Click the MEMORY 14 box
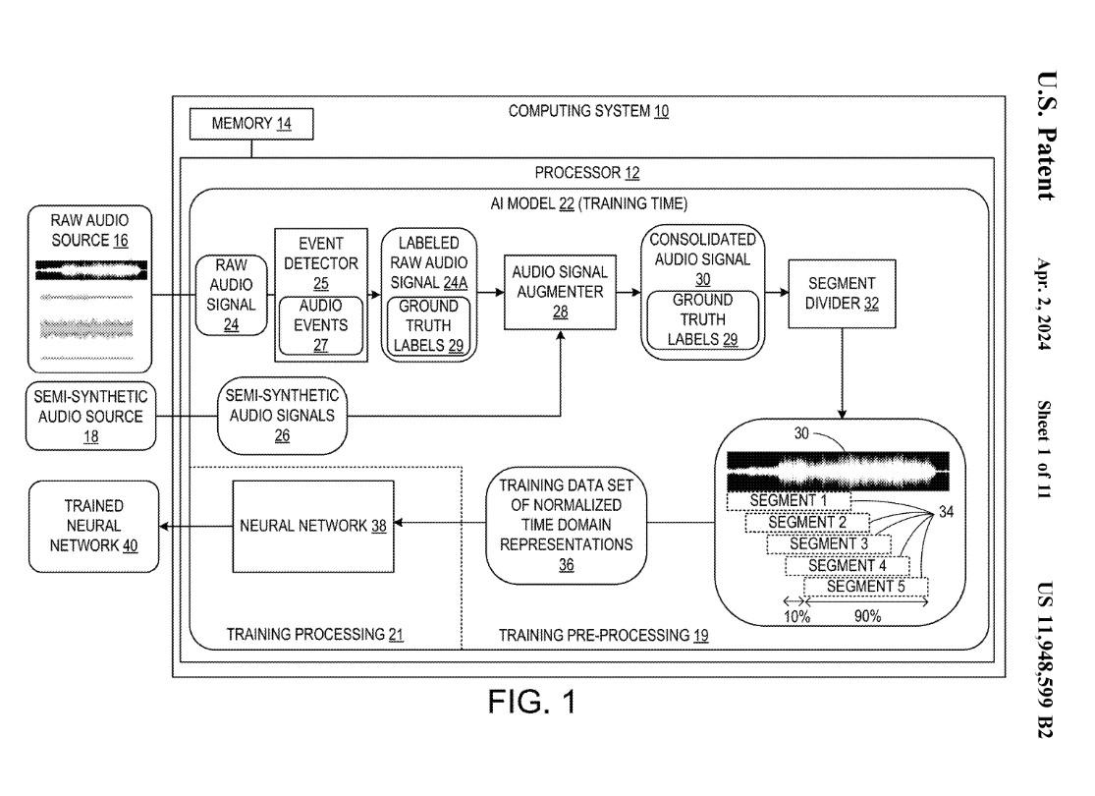(251, 125)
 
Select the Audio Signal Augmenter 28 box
(558, 290)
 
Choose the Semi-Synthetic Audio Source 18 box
(90, 416)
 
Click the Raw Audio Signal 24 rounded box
(231, 294)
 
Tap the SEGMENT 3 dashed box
(829, 543)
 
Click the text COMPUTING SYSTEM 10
(588, 111)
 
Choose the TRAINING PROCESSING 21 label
(314, 634)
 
